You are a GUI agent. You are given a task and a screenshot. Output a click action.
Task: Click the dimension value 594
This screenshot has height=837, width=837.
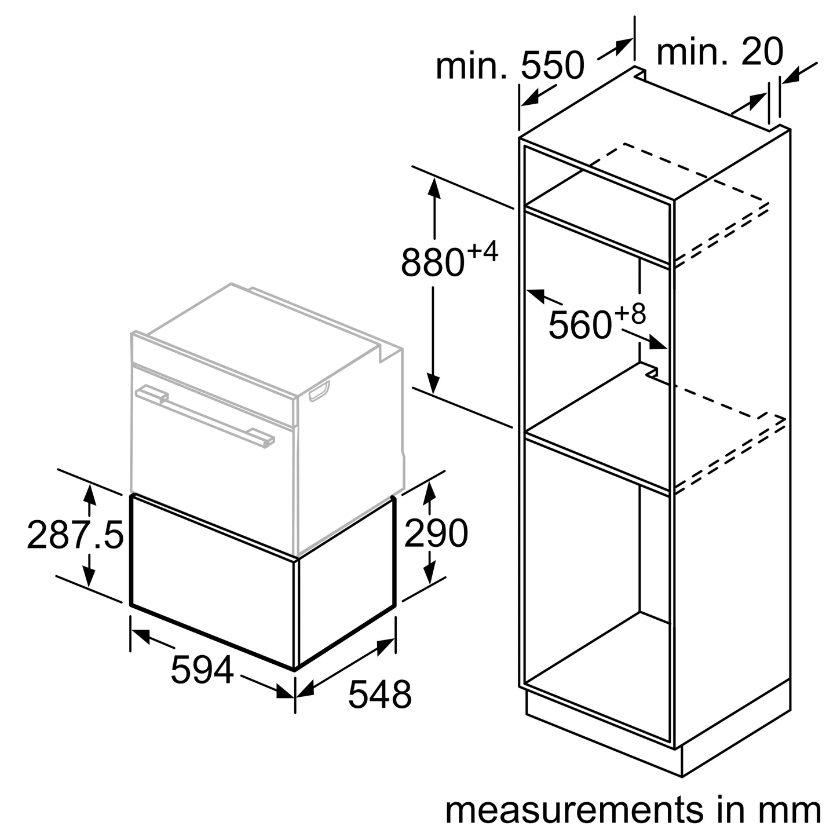(202, 670)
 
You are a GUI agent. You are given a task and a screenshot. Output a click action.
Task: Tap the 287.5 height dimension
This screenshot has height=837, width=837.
(75, 535)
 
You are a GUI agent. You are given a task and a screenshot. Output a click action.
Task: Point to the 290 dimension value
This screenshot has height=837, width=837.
(436, 533)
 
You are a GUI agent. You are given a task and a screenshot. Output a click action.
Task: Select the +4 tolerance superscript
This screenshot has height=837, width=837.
(482, 253)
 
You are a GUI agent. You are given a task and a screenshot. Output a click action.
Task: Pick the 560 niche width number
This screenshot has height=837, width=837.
(580, 324)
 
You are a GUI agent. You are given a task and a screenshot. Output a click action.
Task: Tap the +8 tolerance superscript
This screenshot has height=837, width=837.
(630, 315)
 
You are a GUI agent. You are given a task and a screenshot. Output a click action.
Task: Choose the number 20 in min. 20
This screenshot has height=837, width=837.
(761, 52)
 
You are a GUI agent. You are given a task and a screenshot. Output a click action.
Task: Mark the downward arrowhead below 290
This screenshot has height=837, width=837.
(429, 573)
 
